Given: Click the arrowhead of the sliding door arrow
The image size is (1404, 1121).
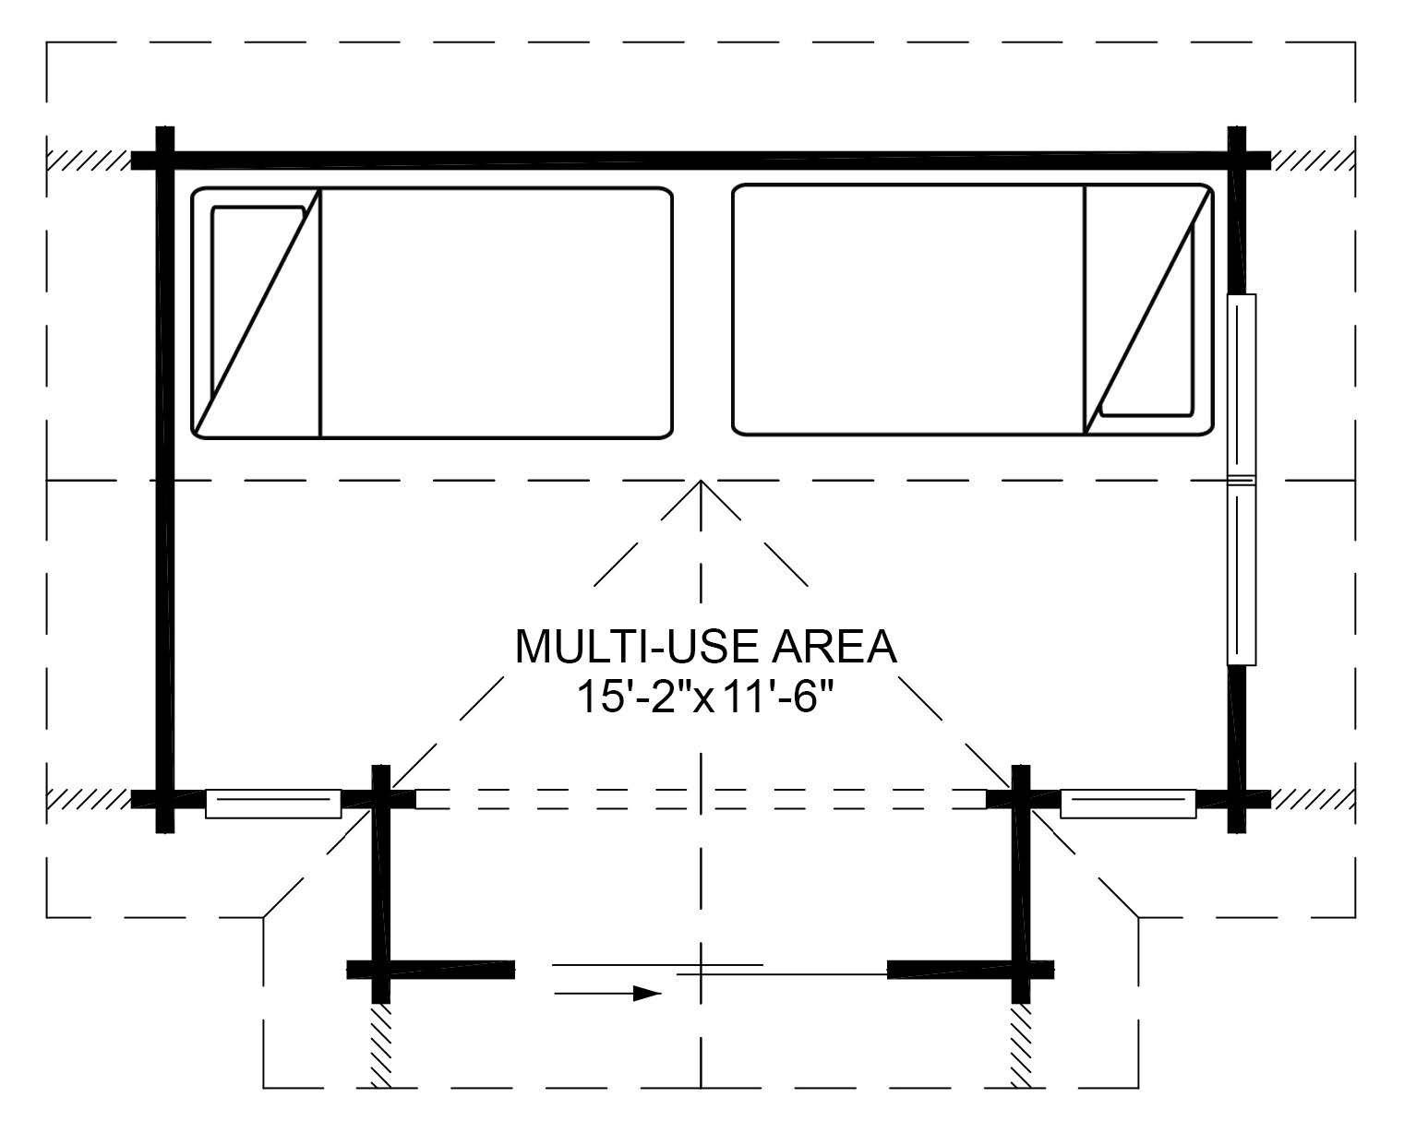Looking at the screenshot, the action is [647, 993].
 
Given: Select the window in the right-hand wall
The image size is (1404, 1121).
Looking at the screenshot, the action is [1241, 480].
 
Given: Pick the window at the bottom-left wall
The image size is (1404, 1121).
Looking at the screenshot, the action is [273, 804].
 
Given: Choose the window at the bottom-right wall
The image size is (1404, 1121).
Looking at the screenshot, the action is [1128, 804].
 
